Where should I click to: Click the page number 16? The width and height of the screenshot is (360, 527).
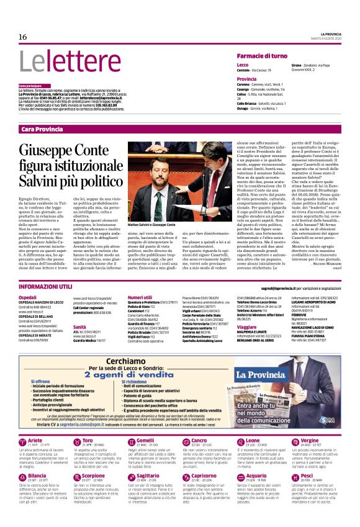click(x=22, y=37)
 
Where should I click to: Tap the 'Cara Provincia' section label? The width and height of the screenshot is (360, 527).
click(x=42, y=129)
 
